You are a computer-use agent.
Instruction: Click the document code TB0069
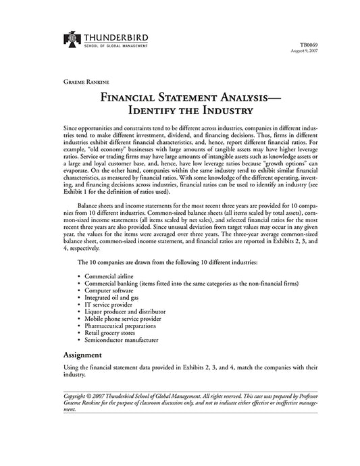(307, 45)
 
